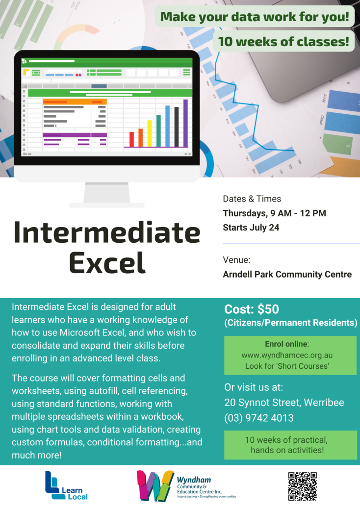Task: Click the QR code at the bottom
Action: (x=302, y=486)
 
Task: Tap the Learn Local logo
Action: (x=66, y=485)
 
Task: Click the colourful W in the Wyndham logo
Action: (x=155, y=486)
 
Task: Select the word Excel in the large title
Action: (x=107, y=263)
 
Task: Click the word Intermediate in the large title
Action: (x=107, y=232)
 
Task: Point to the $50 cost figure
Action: (x=268, y=309)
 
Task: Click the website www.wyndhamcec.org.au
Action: (x=287, y=355)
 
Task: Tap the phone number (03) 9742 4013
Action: (x=259, y=418)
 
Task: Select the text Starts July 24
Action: (x=251, y=228)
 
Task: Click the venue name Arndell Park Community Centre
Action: (x=287, y=274)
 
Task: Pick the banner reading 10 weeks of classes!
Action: (x=283, y=41)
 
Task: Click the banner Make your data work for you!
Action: (x=255, y=16)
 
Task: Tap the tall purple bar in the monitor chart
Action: (x=185, y=123)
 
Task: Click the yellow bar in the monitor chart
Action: (x=150, y=133)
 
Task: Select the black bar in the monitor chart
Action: (x=177, y=127)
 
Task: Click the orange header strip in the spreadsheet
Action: (x=75, y=102)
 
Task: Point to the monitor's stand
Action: (x=107, y=195)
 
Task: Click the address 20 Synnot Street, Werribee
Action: (x=284, y=403)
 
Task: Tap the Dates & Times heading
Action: (x=252, y=199)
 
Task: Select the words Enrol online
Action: (x=286, y=344)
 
